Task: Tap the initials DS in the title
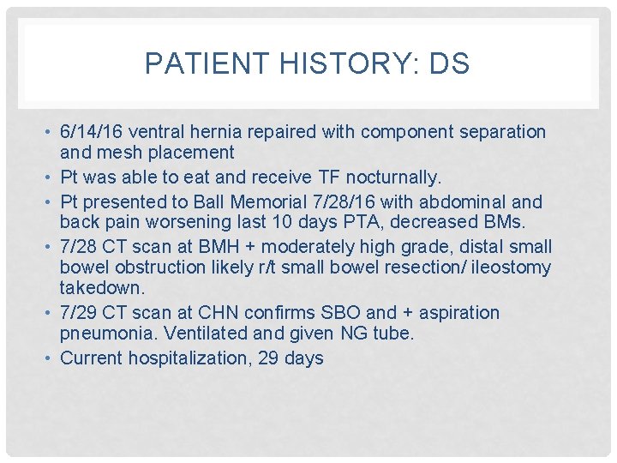(451, 64)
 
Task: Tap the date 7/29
(80, 313)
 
